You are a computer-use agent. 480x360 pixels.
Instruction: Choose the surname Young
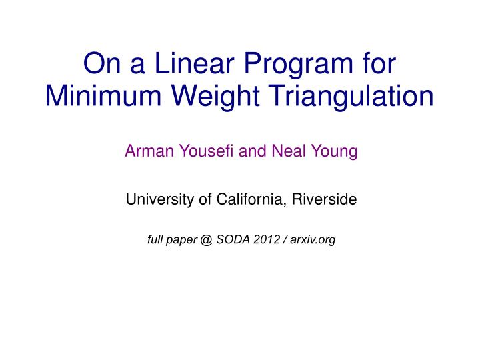pos(335,152)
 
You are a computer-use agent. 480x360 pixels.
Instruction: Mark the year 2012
pos(265,239)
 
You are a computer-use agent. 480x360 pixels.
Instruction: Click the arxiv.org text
pos(313,240)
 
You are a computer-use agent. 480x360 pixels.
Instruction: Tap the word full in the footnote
pos(155,239)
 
